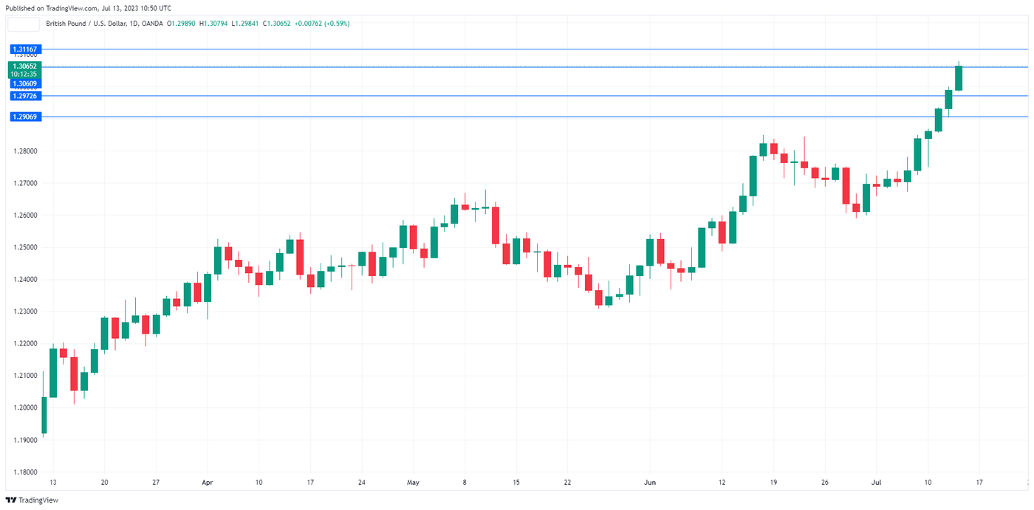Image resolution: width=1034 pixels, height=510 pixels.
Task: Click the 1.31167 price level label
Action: tap(24, 49)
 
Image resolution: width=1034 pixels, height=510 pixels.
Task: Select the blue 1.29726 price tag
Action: tap(24, 96)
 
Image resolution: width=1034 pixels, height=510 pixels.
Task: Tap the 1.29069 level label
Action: tap(24, 117)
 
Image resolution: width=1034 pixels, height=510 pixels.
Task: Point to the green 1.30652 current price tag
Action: tap(24, 66)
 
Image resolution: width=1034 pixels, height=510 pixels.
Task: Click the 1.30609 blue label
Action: tap(24, 83)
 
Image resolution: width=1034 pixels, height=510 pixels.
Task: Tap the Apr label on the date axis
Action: tap(207, 483)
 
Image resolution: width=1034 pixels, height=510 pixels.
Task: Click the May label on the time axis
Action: tap(413, 483)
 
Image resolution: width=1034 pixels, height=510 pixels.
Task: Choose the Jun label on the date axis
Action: tap(649, 483)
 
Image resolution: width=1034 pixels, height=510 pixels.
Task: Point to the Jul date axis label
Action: tap(876, 483)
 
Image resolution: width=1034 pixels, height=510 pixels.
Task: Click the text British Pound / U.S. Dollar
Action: tap(85, 24)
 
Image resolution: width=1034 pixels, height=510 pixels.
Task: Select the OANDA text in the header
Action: tap(152, 24)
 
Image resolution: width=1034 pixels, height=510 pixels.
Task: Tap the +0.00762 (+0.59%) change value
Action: tap(322, 24)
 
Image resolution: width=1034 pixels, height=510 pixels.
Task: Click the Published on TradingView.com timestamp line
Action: tap(88, 8)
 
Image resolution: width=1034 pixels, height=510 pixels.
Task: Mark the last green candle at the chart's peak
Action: tap(959, 78)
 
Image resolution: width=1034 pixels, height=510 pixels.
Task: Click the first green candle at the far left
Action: tap(44, 415)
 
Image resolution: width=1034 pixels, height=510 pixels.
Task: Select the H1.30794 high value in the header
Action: tap(215, 24)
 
